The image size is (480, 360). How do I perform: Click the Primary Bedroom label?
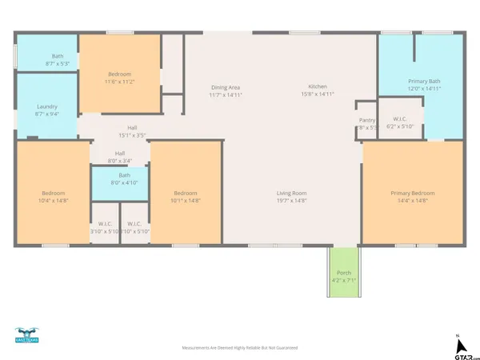coord(413,193)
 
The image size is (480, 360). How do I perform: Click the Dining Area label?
coord(225,87)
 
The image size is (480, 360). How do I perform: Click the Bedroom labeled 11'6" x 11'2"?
coord(119,78)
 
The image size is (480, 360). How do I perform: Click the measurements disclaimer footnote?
coord(240,348)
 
